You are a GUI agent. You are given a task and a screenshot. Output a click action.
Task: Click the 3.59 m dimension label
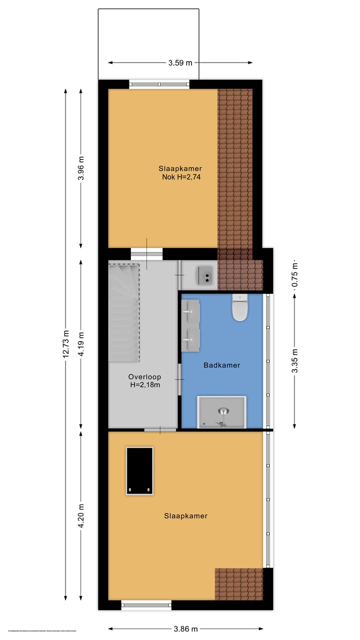pos(180,63)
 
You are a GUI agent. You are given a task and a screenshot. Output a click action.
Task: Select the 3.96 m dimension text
pos(81,168)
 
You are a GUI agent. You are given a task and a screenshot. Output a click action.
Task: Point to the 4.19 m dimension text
pos(81,343)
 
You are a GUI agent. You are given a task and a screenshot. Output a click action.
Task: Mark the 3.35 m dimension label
pos(294,360)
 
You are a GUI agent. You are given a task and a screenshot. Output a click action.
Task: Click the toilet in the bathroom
pos(240,307)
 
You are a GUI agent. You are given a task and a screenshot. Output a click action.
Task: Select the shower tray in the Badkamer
pos(222,412)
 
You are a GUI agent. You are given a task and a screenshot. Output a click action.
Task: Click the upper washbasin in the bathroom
pos(190,311)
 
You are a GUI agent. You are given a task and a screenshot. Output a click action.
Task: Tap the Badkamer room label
pos(221,365)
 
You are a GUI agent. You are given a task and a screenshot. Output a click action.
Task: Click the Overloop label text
pos(143,377)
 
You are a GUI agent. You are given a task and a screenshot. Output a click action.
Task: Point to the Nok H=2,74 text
pos(181,177)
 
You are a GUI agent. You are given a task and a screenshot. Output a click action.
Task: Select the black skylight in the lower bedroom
pos(139,470)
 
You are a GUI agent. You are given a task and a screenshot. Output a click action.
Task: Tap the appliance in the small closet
pos(206,275)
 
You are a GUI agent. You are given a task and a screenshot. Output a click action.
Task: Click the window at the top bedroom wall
pos(159,84)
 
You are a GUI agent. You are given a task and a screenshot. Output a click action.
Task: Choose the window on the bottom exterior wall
pos(146,605)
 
